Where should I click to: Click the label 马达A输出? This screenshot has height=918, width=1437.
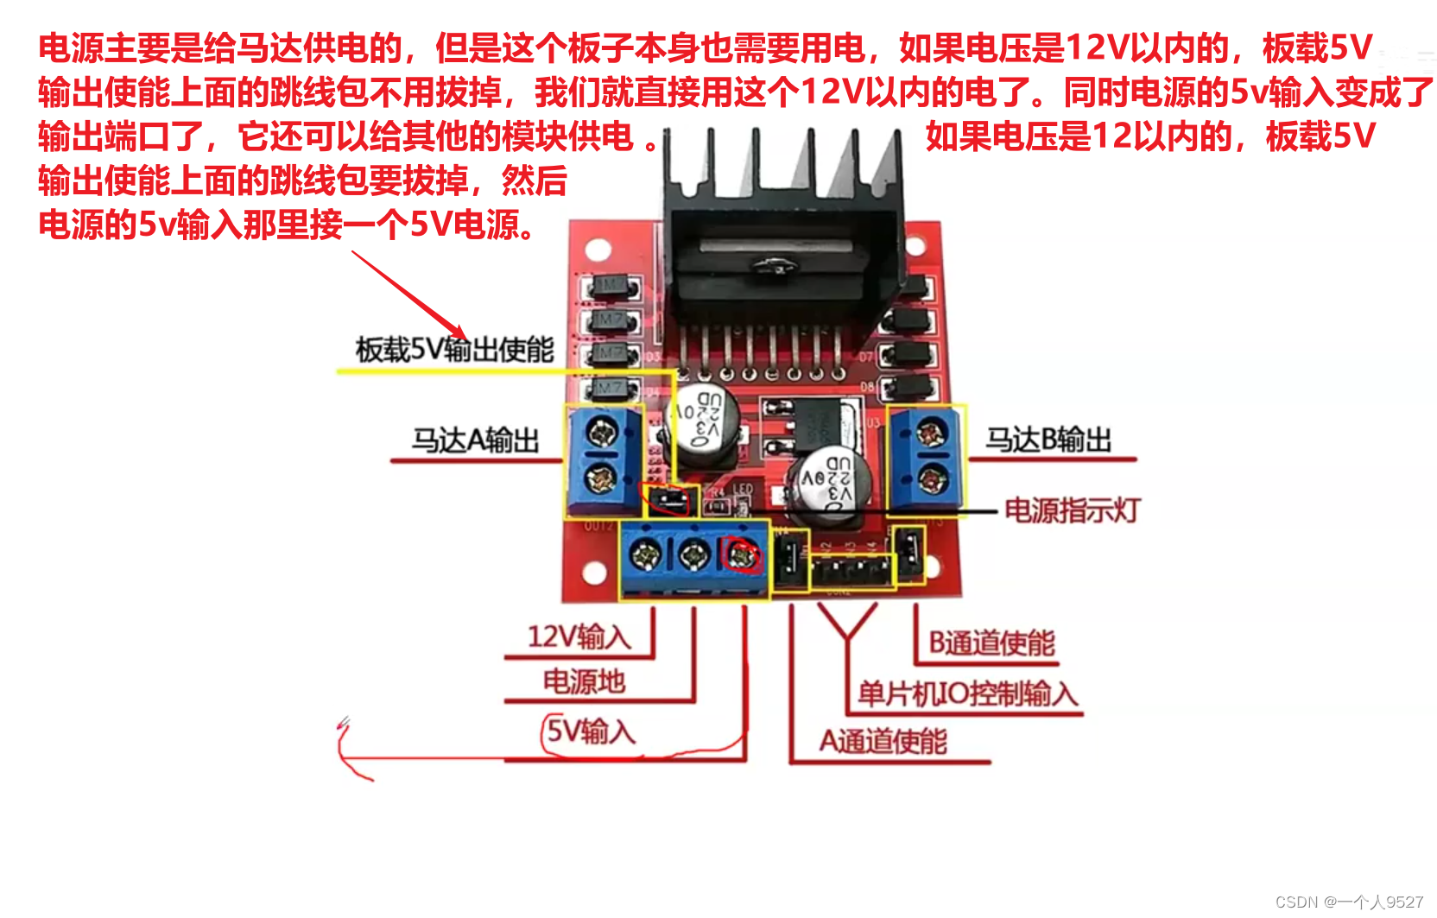(475, 440)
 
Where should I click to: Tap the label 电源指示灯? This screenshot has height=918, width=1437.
(1072, 510)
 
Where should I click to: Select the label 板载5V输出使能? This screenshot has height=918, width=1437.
(454, 350)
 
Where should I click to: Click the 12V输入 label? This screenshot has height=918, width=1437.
(579, 637)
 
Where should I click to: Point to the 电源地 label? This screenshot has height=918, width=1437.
(584, 682)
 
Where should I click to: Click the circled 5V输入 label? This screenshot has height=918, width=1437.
(591, 732)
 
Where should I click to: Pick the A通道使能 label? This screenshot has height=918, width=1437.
(883, 741)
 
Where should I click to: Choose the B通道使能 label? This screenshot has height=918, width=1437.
(991, 643)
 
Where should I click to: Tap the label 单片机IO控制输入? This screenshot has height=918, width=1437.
(967, 693)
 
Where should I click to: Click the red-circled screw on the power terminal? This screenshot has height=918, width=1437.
(742, 555)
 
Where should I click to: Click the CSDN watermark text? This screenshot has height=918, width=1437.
(1349, 902)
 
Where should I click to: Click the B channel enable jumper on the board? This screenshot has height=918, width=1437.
(908, 552)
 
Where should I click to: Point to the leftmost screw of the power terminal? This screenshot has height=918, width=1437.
(645, 555)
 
